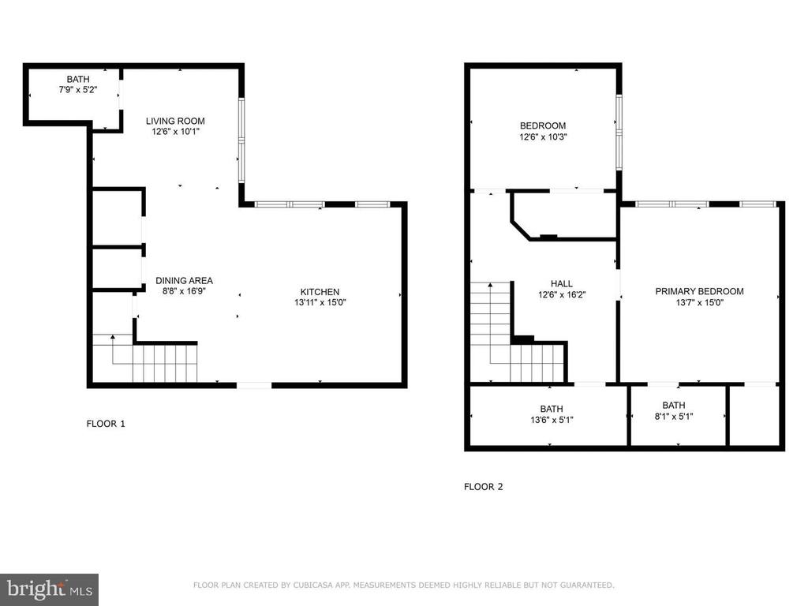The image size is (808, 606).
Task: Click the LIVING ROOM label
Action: click(x=175, y=121)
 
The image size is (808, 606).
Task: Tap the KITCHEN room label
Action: click(x=320, y=292)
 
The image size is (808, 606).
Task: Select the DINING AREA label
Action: click(x=184, y=280)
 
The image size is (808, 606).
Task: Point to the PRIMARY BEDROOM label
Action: click(x=699, y=291)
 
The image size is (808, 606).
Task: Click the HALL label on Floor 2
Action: click(x=562, y=283)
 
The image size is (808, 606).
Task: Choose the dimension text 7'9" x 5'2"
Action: click(x=78, y=90)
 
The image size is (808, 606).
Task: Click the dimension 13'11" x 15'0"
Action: click(x=320, y=302)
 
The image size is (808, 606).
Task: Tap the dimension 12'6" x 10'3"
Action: click(x=543, y=137)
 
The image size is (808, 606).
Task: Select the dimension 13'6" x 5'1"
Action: click(x=552, y=420)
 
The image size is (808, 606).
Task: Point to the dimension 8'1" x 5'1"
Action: click(x=674, y=417)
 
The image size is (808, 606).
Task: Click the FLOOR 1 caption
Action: click(x=106, y=424)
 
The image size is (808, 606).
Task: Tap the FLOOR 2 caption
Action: click(x=484, y=486)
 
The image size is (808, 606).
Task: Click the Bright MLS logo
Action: click(x=49, y=589)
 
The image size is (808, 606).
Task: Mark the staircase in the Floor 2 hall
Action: click(x=518, y=332)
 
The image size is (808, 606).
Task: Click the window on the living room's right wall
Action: click(x=241, y=140)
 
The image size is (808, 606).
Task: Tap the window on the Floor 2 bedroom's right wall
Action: click(x=619, y=132)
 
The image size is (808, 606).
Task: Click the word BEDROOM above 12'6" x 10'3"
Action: click(x=543, y=125)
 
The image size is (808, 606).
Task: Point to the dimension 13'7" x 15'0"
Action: click(x=700, y=302)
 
